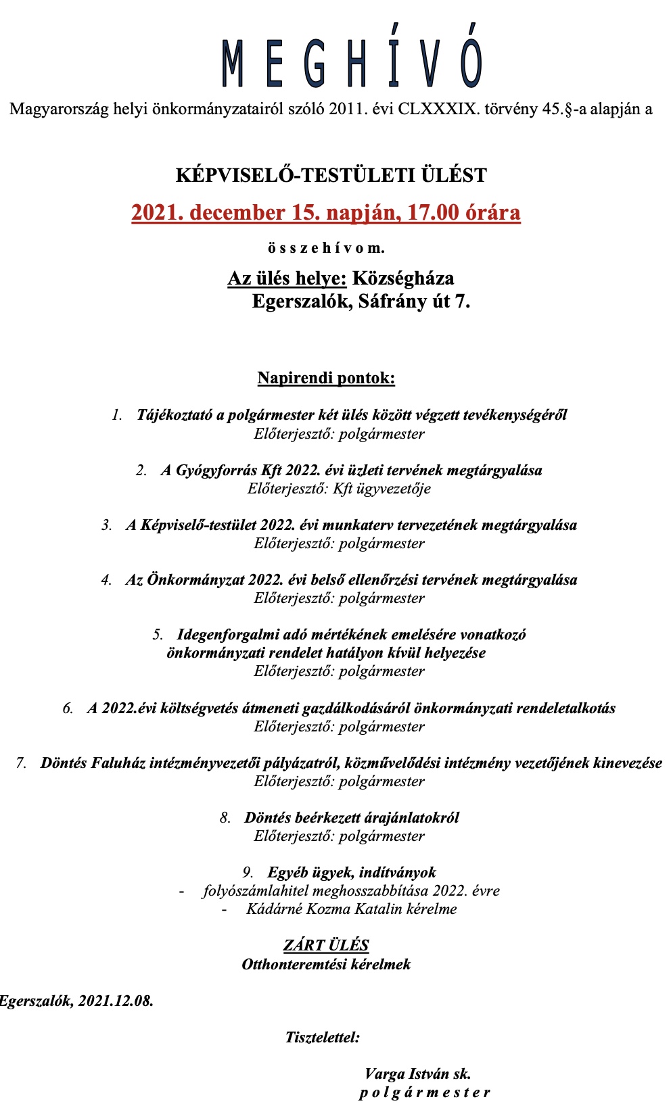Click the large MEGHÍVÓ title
point(352,63)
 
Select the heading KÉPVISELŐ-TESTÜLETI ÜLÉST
point(331,175)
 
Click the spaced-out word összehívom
point(326,248)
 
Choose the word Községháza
point(403,279)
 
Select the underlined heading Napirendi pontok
point(326,378)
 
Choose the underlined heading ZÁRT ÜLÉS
point(326,945)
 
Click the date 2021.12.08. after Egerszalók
point(116,1001)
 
